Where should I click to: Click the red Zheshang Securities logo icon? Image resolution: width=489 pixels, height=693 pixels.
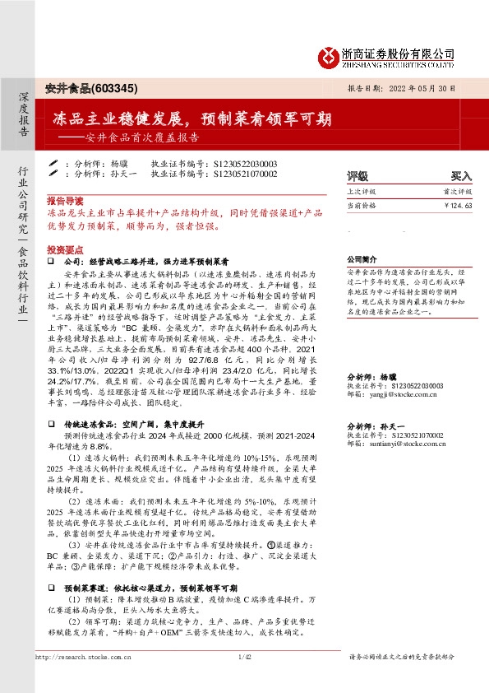tap(329, 55)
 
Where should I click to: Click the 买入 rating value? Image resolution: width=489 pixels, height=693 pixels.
tap(461, 176)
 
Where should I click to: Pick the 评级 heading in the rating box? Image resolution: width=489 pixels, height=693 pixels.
tap(358, 176)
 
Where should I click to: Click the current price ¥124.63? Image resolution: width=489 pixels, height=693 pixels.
tap(458, 206)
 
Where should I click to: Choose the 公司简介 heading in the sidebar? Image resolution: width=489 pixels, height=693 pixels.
tap(362, 257)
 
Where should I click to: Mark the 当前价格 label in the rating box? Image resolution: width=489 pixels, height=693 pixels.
tap(361, 206)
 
